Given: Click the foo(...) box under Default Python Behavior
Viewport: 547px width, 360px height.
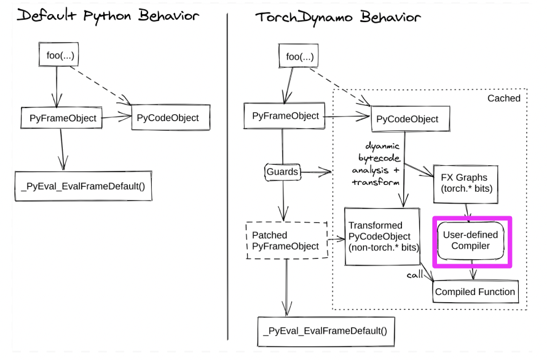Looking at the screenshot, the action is [x=58, y=55].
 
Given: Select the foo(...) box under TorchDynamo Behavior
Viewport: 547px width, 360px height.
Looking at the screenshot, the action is [x=299, y=56].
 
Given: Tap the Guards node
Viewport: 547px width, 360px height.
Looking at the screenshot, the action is [x=283, y=171].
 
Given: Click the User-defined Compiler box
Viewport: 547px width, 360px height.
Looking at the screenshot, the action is [x=471, y=240].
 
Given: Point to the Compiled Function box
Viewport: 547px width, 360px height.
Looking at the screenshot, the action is [x=475, y=292].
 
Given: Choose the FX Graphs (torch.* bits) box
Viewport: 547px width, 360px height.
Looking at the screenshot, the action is [x=466, y=184].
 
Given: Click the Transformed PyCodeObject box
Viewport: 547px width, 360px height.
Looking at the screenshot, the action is [x=382, y=237].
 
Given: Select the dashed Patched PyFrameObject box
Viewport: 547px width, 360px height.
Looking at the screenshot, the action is [x=287, y=240].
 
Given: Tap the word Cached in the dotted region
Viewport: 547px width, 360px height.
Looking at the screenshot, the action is [x=504, y=98].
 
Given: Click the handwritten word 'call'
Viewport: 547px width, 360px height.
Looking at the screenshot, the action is [x=414, y=275].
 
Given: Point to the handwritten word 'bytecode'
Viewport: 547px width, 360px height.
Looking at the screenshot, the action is [x=379, y=158].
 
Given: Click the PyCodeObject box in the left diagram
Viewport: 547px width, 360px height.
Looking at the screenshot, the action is [x=171, y=117].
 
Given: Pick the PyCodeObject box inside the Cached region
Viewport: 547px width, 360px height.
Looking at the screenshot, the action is [x=411, y=119].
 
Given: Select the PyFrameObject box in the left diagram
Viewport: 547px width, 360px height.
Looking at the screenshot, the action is [x=61, y=118].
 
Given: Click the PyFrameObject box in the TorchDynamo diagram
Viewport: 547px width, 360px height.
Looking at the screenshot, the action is [x=285, y=116].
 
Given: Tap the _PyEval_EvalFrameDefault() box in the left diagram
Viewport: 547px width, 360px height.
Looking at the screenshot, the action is [x=84, y=186].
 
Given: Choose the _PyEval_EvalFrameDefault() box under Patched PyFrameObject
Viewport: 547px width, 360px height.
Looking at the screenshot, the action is [x=326, y=331].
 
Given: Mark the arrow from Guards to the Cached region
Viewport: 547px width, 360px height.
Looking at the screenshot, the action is [x=316, y=171].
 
